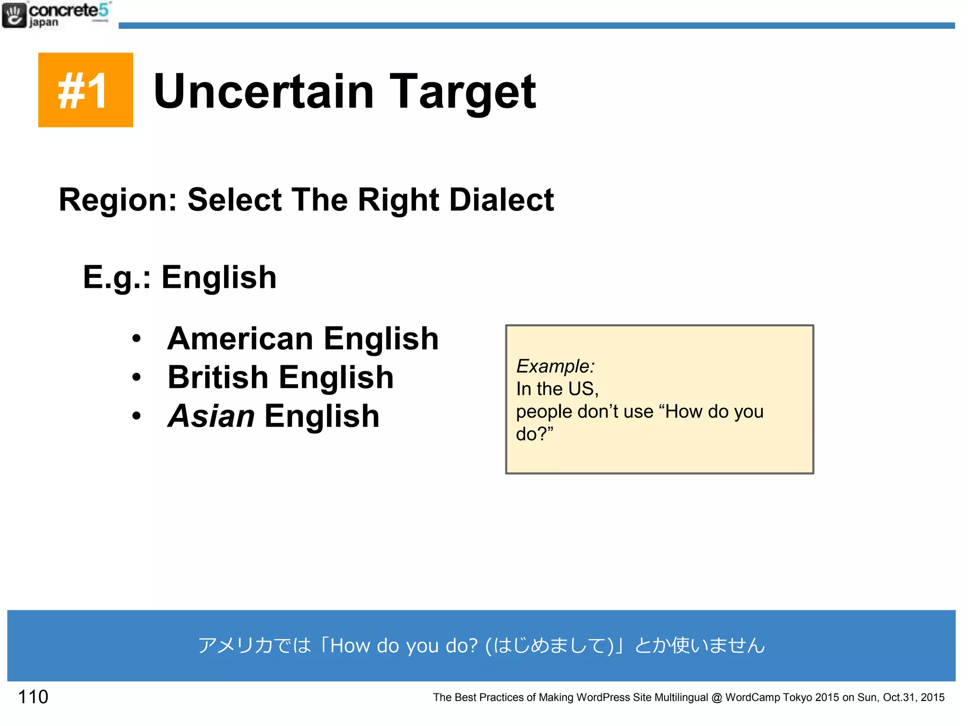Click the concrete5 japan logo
click(x=56, y=15)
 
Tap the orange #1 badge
click(x=86, y=90)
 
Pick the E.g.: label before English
click(x=117, y=277)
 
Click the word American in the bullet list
click(x=240, y=338)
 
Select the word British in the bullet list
click(x=218, y=377)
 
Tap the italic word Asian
click(x=211, y=416)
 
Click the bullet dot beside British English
click(x=137, y=377)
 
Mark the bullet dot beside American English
click(x=137, y=338)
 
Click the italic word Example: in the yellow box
click(x=555, y=366)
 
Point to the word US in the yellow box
click(x=583, y=389)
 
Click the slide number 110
click(x=33, y=697)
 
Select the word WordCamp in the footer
click(x=752, y=698)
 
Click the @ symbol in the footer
click(x=717, y=698)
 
